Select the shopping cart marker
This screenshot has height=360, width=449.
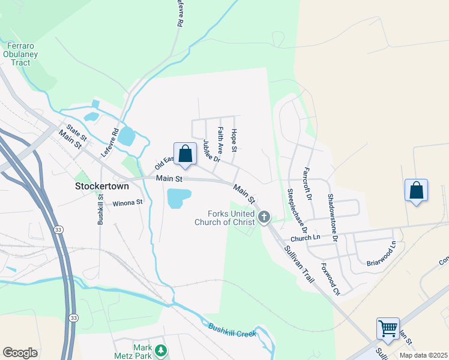pyautogui.click(x=388, y=329)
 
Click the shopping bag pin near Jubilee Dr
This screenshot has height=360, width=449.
pyautogui.click(x=185, y=154)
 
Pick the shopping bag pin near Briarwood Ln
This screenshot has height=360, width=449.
pyautogui.click(x=416, y=190)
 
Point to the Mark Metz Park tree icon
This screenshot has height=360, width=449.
pyautogui.click(x=160, y=350)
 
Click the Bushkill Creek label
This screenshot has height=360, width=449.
pyautogui.click(x=232, y=330)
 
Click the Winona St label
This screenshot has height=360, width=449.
pyautogui.click(x=127, y=203)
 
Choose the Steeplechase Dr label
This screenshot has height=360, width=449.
pyautogui.click(x=297, y=211)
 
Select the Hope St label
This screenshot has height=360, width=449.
pyautogui.click(x=234, y=140)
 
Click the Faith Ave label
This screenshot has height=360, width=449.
pyautogui.click(x=220, y=139)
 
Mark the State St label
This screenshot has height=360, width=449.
pyautogui.click(x=77, y=133)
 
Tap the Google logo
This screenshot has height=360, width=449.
pyautogui.click(x=20, y=352)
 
